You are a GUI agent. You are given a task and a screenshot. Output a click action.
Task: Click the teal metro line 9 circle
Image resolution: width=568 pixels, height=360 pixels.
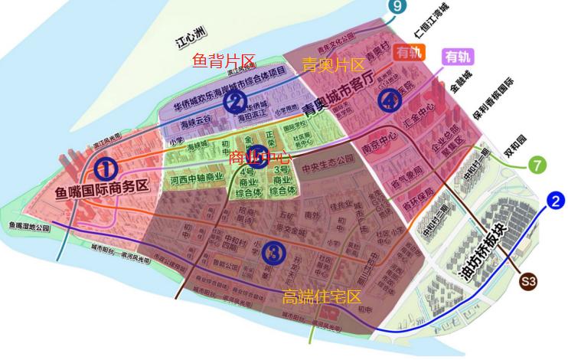pyautogui.click(x=395, y=6)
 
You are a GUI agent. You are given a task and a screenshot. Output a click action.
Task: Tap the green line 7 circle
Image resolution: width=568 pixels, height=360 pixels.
pyautogui.click(x=538, y=165)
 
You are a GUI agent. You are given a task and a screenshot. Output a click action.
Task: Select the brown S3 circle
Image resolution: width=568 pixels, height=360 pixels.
pyautogui.click(x=528, y=282)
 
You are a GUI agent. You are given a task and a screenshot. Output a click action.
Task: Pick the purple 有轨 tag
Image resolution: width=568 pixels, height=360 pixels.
pyautogui.click(x=459, y=56)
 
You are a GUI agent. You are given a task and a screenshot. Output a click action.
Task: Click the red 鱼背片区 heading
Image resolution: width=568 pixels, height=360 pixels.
pyautogui.click(x=223, y=61)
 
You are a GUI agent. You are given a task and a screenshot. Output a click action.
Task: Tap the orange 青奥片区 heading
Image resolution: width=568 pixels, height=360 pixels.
pyautogui.click(x=333, y=64)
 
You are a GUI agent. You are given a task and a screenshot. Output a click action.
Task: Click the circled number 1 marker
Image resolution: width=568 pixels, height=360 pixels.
pyautogui.click(x=106, y=168)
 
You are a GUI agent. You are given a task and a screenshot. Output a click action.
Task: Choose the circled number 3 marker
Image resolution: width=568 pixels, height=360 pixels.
pyautogui.click(x=273, y=252)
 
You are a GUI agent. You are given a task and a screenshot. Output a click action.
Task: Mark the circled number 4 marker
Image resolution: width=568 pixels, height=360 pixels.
pyautogui.click(x=390, y=100)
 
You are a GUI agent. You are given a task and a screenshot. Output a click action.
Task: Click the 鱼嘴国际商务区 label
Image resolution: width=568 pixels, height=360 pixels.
pyautogui.click(x=101, y=189)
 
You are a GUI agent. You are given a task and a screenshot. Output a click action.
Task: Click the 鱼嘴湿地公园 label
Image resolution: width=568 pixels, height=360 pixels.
pyautogui.click(x=29, y=227)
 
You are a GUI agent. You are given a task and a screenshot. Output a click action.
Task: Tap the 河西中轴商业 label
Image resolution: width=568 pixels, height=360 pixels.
pyautogui.click(x=197, y=178)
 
